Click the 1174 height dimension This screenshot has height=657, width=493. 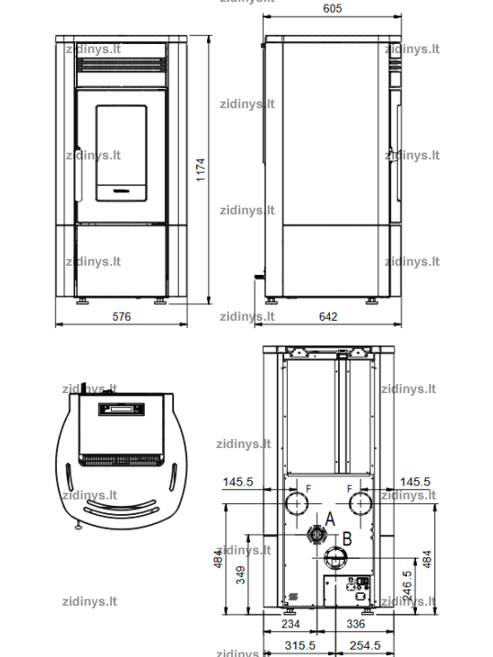pos(201,170)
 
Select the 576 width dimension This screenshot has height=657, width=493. pos(122,316)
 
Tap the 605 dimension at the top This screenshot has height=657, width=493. pos(332,8)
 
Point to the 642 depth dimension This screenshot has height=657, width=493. pos(328,316)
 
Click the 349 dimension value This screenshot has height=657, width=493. pos(240,575)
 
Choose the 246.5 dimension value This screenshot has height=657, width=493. pos(407,586)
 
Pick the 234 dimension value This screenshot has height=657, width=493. pos(290,624)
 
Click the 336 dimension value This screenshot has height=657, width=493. pos(356,624)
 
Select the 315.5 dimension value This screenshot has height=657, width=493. pos(300,645)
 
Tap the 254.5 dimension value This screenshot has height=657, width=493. pos(365,645)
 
